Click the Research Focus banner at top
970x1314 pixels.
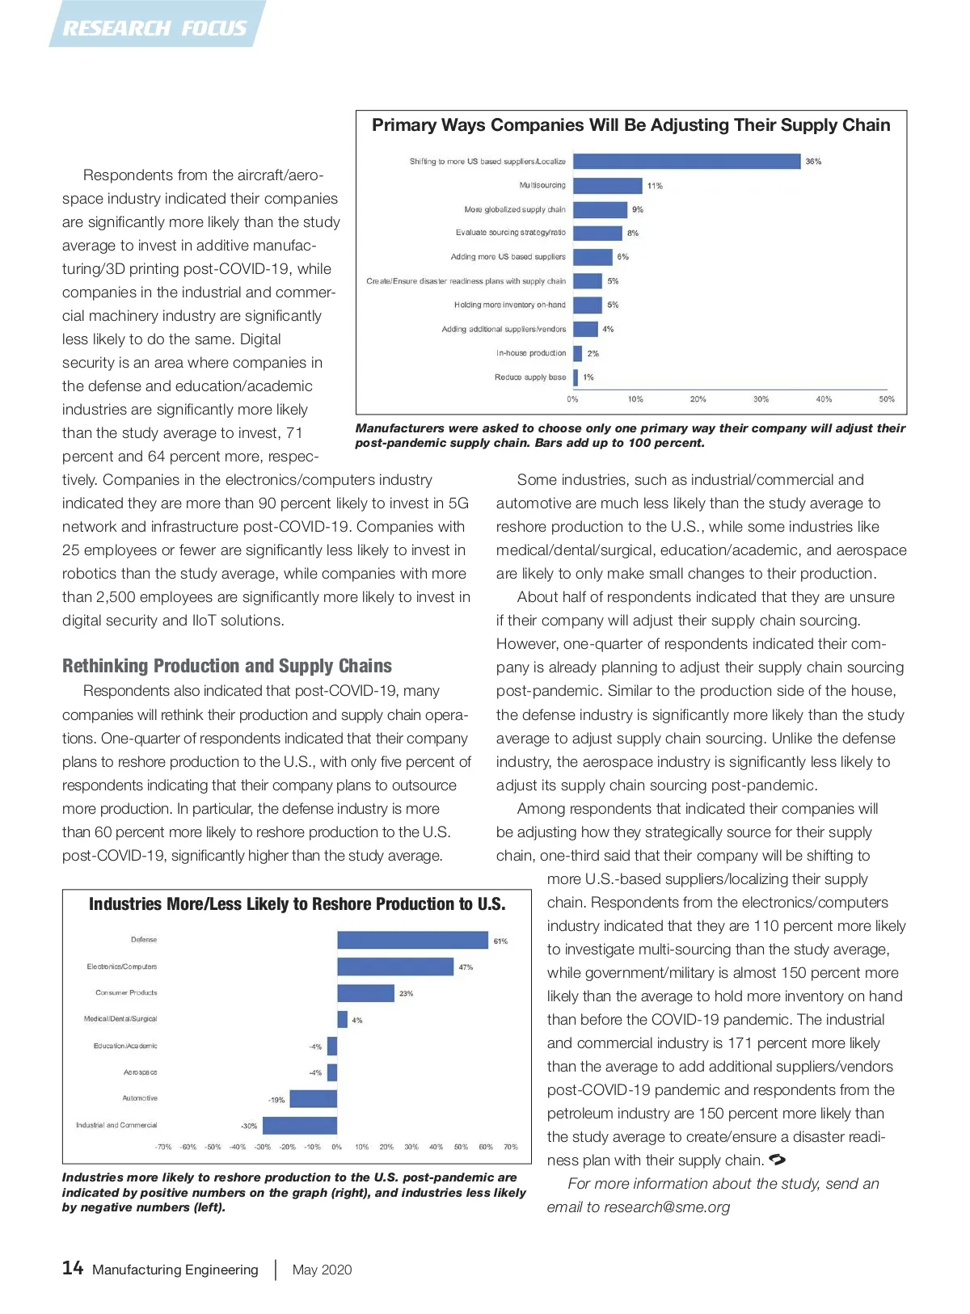pyautogui.click(x=155, y=27)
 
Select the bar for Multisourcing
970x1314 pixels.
pyautogui.click(x=608, y=186)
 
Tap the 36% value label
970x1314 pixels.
pyautogui.click(x=813, y=162)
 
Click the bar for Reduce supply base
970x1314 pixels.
pyautogui.click(x=576, y=377)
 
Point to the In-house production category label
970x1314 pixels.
pyautogui.click(x=531, y=353)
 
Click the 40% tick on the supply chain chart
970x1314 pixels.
pyautogui.click(x=824, y=399)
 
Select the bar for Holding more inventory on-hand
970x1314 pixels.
pyautogui.click(x=588, y=305)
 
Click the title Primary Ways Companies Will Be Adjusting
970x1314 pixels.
pyautogui.click(x=630, y=125)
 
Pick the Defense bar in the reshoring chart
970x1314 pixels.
pyautogui.click(x=413, y=940)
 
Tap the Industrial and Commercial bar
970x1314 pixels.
pyautogui.click(x=300, y=1125)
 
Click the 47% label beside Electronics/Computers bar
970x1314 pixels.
pyautogui.click(x=466, y=967)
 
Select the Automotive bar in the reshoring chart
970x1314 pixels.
pyautogui.click(x=314, y=1098)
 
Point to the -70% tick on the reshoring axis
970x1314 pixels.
pyautogui.click(x=163, y=1147)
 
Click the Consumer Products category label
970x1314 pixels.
pyautogui.click(x=126, y=992)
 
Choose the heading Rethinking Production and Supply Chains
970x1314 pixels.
pyautogui.click(x=227, y=666)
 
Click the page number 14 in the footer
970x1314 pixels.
pyautogui.click(x=73, y=1268)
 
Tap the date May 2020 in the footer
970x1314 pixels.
pyautogui.click(x=322, y=1270)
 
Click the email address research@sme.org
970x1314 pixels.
pyautogui.click(x=667, y=1207)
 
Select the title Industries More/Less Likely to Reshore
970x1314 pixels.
pyautogui.click(x=297, y=904)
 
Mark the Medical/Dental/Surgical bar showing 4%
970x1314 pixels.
pyautogui.click(x=342, y=1020)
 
